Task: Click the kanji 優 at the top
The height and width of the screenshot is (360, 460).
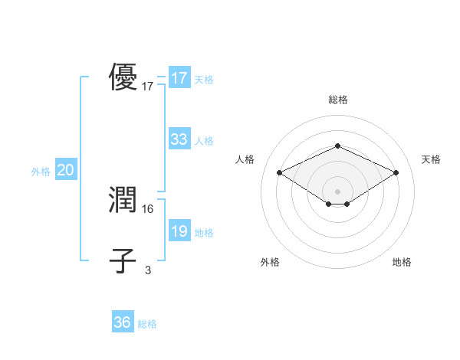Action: pyautogui.click(x=123, y=77)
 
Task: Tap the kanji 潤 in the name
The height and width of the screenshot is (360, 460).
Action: pyautogui.click(x=123, y=200)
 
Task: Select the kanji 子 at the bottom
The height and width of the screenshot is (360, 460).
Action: pyautogui.click(x=123, y=260)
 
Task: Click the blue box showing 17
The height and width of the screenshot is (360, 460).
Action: pyautogui.click(x=179, y=78)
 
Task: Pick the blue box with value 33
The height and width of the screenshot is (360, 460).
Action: pyautogui.click(x=179, y=139)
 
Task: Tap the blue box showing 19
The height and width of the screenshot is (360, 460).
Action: pyautogui.click(x=179, y=231)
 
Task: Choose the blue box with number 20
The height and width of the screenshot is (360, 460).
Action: pyautogui.click(x=65, y=170)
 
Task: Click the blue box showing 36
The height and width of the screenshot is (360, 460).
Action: pyautogui.click(x=123, y=322)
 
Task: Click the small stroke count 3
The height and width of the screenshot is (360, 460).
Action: pyautogui.click(x=148, y=270)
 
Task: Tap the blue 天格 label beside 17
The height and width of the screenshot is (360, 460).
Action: pyautogui.click(x=204, y=80)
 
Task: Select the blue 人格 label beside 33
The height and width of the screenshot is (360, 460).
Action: pyautogui.click(x=204, y=141)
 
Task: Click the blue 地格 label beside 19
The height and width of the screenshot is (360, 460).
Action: pyautogui.click(x=204, y=233)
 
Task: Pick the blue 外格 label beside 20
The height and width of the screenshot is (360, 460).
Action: pyautogui.click(x=41, y=172)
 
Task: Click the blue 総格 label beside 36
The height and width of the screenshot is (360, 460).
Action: pyautogui.click(x=147, y=324)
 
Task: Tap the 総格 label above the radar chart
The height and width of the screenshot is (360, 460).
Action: pyautogui.click(x=337, y=100)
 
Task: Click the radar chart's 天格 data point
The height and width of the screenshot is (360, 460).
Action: pyautogui.click(x=396, y=173)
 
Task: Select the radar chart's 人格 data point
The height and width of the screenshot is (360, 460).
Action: pyautogui.click(x=280, y=173)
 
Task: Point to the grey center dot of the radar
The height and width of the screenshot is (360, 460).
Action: pyautogui.click(x=337, y=191)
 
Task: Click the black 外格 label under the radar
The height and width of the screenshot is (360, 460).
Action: pyautogui.click(x=270, y=262)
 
